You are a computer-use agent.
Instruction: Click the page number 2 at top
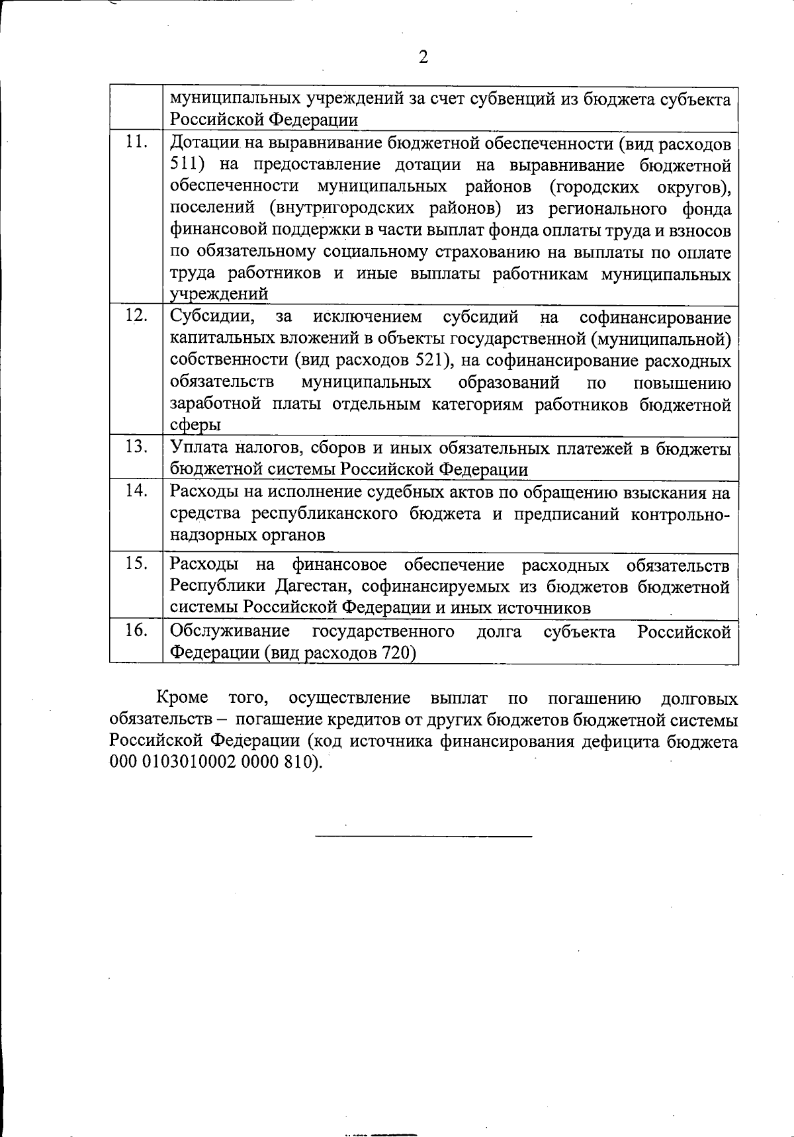tap(423, 58)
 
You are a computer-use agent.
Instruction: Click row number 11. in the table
tap(136, 142)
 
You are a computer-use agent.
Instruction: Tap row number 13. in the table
tap(136, 447)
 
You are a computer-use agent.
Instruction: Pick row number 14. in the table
tap(136, 491)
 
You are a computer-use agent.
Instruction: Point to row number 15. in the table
tap(136, 563)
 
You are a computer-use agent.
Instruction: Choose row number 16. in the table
tap(136, 630)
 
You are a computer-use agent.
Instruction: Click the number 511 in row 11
tap(183, 165)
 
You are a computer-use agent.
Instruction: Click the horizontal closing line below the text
tap(423, 837)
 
